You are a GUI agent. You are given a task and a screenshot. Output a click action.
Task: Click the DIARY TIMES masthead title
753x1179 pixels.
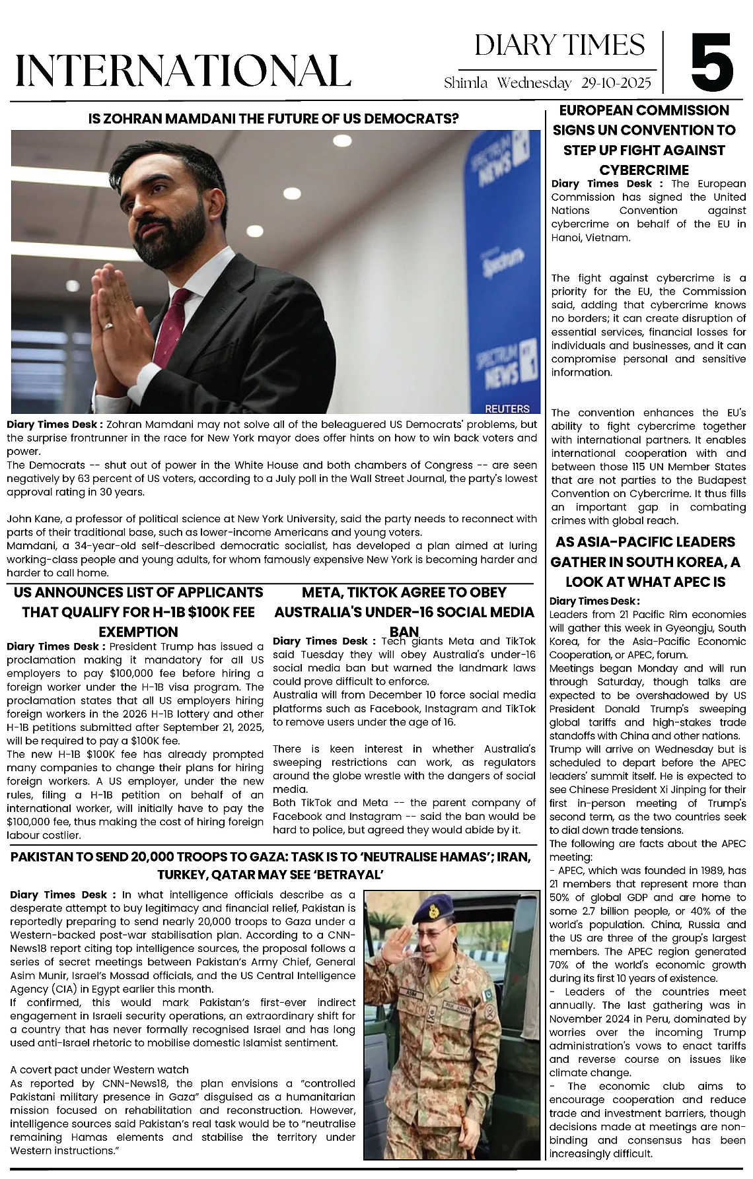[x=559, y=46]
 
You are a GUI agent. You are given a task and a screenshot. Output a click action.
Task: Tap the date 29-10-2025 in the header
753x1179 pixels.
[x=616, y=83]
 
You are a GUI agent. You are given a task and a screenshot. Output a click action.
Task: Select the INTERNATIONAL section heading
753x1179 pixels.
[x=182, y=71]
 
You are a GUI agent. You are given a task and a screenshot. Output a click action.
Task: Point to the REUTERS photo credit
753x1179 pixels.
[x=507, y=409]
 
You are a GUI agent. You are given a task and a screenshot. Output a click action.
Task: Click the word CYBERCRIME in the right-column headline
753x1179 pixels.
[x=644, y=170]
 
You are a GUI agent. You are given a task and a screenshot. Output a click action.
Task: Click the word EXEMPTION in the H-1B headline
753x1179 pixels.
[x=138, y=632]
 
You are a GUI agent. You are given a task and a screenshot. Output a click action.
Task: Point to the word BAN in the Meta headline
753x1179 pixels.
[x=404, y=632]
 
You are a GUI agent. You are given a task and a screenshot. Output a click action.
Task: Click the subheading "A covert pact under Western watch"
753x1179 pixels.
[x=99, y=1069]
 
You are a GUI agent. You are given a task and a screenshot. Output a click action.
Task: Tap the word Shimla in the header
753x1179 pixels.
[x=466, y=83]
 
